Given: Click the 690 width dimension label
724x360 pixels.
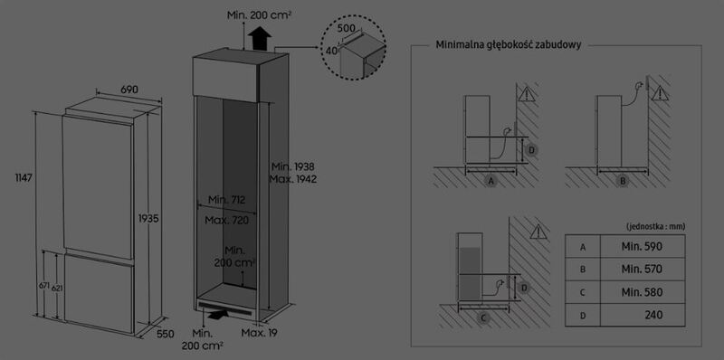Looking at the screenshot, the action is point(129,90).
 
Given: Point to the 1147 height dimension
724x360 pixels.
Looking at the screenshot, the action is point(24,177).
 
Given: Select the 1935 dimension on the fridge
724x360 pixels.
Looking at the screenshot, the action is point(148,219).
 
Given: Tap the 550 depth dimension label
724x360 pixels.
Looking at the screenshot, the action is point(165,334).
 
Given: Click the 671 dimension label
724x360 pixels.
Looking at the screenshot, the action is point(43,286).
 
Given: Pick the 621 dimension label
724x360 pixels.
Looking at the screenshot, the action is point(57,288).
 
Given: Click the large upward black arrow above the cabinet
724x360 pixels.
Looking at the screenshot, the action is point(260,38).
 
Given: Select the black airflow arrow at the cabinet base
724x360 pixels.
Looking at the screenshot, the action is point(218,314).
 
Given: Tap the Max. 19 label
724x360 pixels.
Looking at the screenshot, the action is point(259,333).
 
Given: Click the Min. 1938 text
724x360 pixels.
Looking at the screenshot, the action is point(292,166).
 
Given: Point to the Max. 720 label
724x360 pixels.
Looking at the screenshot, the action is point(227,221).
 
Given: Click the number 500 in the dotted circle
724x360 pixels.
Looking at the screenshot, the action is point(347,28).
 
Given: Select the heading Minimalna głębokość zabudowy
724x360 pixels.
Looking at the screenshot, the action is point(509,44).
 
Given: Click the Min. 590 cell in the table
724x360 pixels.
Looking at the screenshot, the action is point(642,246).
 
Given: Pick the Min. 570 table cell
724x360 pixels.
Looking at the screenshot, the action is point(642,269).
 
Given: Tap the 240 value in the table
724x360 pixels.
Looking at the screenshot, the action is point(653,316).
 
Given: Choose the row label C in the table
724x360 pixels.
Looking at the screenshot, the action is point(583,292).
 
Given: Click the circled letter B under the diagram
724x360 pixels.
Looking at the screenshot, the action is point(623,181).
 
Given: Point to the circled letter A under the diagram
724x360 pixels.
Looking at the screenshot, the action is point(491,181).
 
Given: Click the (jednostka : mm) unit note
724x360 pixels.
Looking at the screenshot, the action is point(655,227).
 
